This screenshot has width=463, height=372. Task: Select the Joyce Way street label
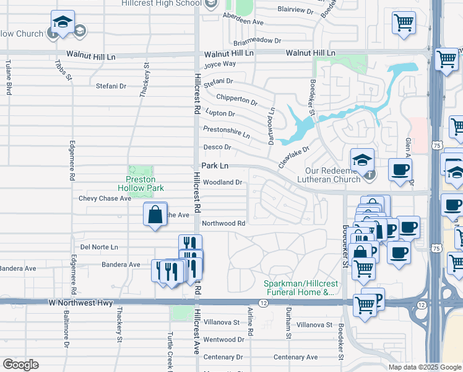[220, 64]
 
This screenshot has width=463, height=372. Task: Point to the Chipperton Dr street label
[236, 99]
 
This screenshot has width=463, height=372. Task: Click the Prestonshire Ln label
[227, 131]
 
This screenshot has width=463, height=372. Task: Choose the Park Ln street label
[215, 166]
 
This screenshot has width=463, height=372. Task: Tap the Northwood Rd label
[224, 223]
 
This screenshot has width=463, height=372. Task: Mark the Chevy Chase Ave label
[105, 198]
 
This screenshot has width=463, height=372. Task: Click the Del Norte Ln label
[95, 247]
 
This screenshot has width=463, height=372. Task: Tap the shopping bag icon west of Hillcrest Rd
[155, 215]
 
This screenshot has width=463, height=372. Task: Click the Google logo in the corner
[20, 365]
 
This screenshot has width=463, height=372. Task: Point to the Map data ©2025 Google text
[425, 367]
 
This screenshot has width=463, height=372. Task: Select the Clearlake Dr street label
[293, 151]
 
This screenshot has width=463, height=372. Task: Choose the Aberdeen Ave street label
[244, 22]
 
